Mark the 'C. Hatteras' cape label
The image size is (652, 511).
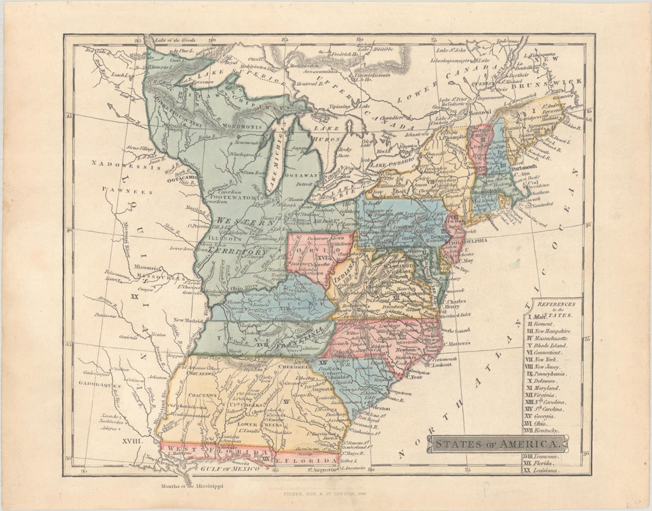(x=456, y=343)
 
